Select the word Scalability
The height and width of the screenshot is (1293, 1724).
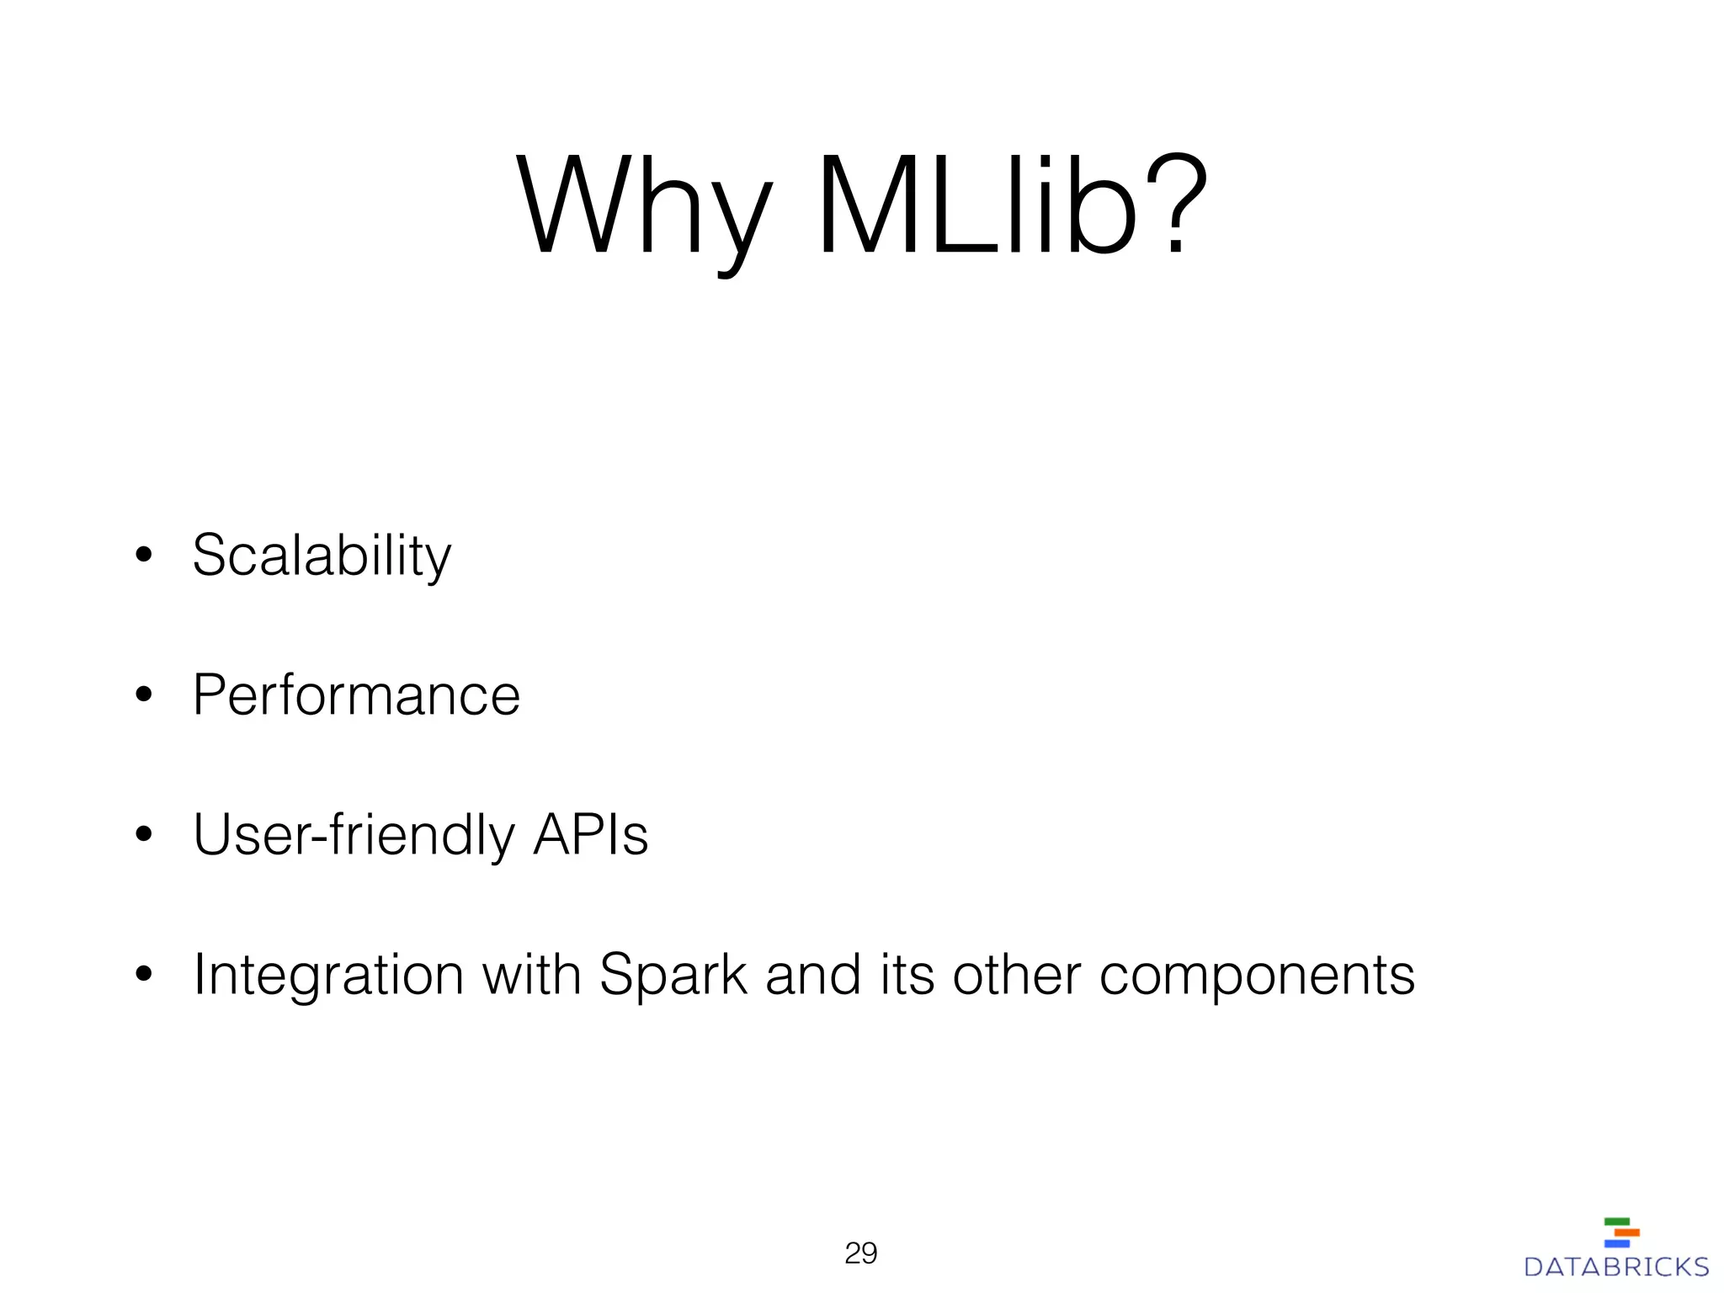(322, 556)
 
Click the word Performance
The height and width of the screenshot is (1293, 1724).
(356, 695)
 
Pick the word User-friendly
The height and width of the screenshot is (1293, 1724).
(354, 836)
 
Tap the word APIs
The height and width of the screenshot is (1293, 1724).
(590, 835)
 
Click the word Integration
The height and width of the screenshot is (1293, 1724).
(328, 976)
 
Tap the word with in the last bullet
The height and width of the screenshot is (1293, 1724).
(531, 975)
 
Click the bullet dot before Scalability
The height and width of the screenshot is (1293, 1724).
(143, 555)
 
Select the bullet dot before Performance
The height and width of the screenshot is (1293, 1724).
(143, 694)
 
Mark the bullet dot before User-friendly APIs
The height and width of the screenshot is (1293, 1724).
(143, 834)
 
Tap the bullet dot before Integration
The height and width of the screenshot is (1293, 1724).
(143, 974)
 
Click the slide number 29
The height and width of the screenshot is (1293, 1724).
(860, 1253)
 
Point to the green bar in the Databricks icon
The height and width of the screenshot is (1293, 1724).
(1617, 1221)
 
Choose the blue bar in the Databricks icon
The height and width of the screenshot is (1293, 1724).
(1617, 1243)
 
